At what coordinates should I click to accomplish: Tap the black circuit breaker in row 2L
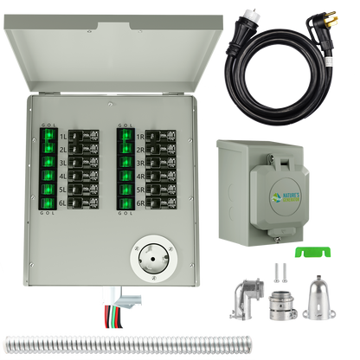[86, 149]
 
